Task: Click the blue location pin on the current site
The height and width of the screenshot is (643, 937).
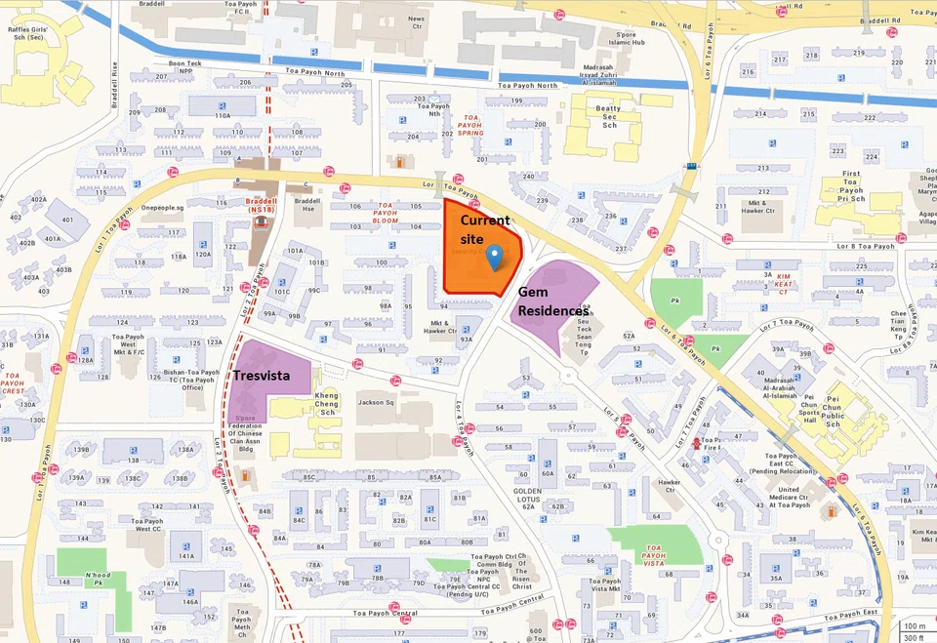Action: pyautogui.click(x=495, y=257)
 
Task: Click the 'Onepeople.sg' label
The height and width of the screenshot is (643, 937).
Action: pyautogui.click(x=163, y=208)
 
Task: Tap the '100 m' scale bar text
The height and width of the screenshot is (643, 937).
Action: pyautogui.click(x=914, y=625)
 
